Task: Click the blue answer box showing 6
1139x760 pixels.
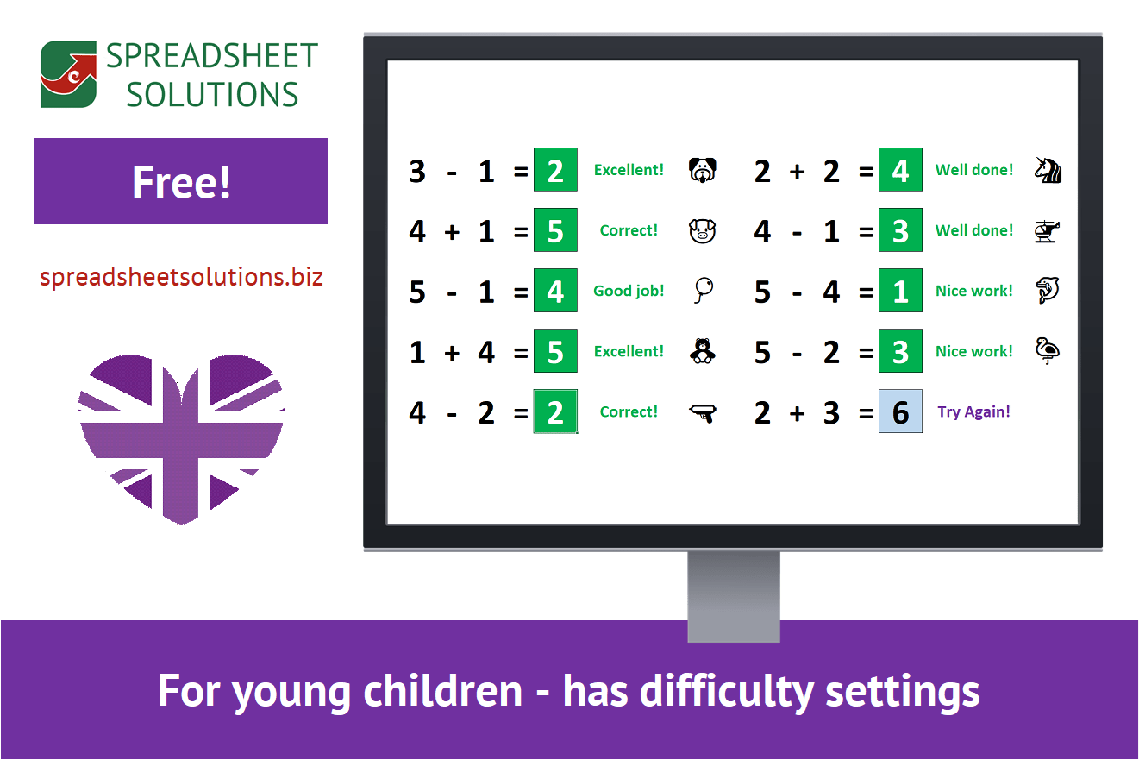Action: coord(900,411)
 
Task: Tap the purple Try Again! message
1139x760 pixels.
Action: coord(973,411)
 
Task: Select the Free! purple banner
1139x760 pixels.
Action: coord(181,181)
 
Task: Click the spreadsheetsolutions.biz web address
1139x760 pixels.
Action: coord(181,278)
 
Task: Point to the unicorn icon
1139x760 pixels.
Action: coord(1048,170)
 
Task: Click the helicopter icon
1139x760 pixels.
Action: coord(1047,230)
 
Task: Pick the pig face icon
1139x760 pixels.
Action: coord(703,230)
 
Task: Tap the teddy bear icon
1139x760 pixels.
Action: coord(703,351)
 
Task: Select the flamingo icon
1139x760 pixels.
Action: coord(1047,351)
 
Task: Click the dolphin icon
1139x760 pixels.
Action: coord(1047,291)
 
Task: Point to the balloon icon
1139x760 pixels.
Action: coord(703,291)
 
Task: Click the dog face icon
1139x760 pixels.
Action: coord(703,170)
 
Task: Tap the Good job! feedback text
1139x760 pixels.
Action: coord(629,291)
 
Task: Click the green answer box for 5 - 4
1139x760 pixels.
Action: coord(900,291)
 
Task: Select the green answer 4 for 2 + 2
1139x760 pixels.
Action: coord(900,170)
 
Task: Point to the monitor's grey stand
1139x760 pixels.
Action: coord(734,595)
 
